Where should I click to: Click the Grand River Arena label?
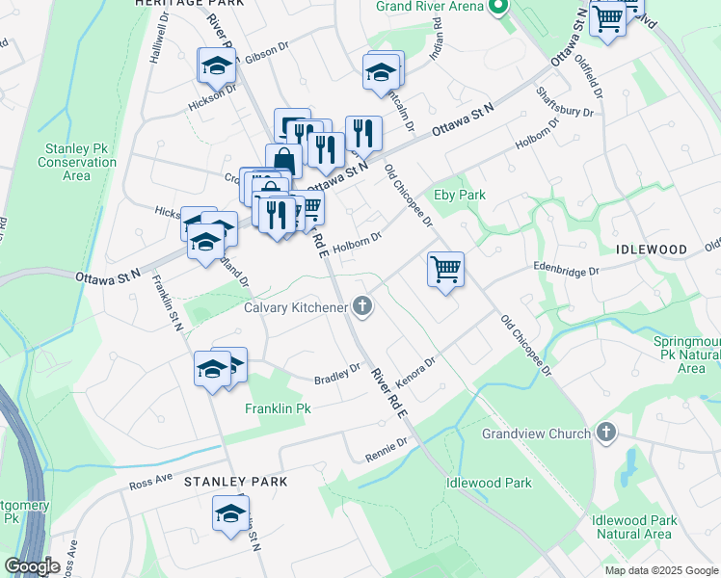click(430, 8)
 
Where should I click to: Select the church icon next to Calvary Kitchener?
click(362, 307)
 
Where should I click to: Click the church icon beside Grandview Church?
click(605, 433)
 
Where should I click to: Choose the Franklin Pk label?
click(278, 408)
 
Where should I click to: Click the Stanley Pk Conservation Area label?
click(81, 162)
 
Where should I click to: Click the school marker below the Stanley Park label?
click(230, 514)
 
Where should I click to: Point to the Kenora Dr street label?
click(415, 371)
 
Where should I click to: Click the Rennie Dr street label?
click(387, 448)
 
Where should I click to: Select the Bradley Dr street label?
click(337, 374)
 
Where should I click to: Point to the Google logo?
click(32, 566)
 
